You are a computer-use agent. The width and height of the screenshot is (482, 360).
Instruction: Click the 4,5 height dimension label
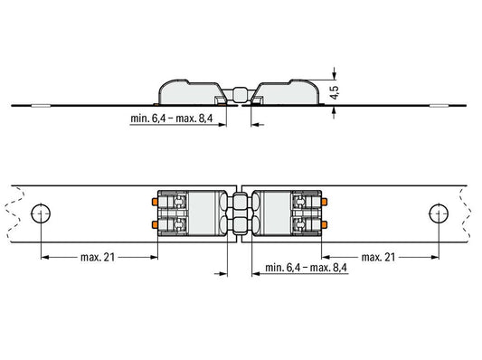tap(335, 92)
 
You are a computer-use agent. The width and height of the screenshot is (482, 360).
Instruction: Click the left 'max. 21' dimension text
tap(98, 257)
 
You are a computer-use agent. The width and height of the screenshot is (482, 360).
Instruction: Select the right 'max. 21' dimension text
tap(378, 257)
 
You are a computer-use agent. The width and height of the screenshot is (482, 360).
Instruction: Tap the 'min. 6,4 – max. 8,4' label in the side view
tap(171, 118)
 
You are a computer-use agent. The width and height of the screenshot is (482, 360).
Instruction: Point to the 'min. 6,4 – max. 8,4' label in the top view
tap(306, 268)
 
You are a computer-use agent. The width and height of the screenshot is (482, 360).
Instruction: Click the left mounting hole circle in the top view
tap(41, 213)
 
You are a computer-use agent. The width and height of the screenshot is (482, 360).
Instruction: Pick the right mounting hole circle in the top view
tap(439, 213)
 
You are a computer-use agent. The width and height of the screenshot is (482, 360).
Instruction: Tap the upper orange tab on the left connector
tap(155, 202)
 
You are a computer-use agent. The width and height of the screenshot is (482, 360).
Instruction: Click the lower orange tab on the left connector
tap(155, 224)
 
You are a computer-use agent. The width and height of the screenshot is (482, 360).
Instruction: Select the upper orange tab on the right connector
tap(325, 202)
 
